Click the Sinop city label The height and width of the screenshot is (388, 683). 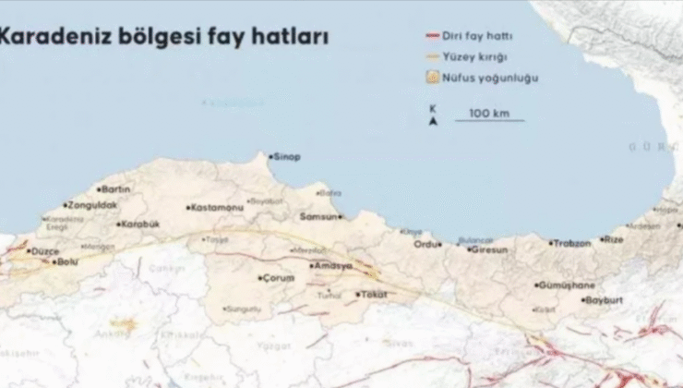(x=288, y=157)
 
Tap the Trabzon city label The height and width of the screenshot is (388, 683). (x=572, y=243)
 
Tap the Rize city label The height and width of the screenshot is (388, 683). (x=614, y=239)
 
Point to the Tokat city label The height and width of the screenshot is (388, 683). (x=373, y=296)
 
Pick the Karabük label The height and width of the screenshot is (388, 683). (x=140, y=224)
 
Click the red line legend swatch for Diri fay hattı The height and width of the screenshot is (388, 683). (x=431, y=37)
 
